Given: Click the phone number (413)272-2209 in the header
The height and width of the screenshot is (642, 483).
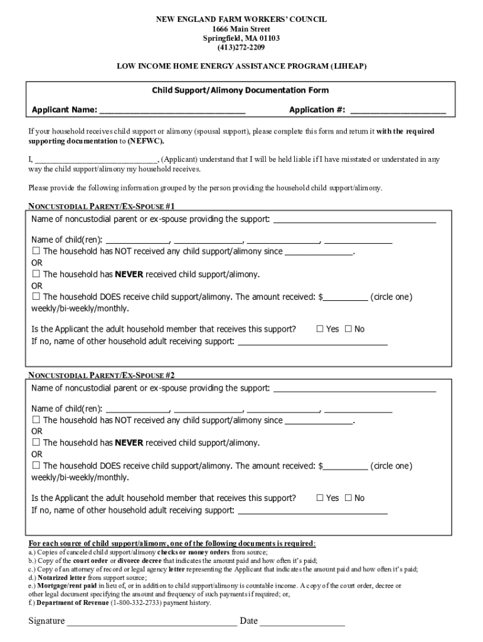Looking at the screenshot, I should [x=241, y=47].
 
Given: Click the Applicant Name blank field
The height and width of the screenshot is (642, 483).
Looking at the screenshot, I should [x=172, y=110].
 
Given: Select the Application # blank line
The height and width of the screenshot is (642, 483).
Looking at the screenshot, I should [x=398, y=110].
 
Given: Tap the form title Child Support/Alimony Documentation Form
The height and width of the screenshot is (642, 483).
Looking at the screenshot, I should [x=240, y=91].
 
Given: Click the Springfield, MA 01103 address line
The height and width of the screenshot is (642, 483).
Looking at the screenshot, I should [x=241, y=38].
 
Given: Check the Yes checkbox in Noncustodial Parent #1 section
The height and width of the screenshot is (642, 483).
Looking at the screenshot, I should [x=320, y=329].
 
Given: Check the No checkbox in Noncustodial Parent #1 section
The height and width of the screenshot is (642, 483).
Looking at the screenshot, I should [x=349, y=329].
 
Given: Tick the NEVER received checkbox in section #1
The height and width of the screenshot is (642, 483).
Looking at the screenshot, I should [x=36, y=274].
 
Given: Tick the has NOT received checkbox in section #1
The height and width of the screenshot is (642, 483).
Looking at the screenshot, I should [x=36, y=251].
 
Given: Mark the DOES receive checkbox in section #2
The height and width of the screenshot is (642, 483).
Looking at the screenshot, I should [x=36, y=466].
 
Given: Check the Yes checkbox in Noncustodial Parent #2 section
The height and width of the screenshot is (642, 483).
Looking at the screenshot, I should [x=320, y=498].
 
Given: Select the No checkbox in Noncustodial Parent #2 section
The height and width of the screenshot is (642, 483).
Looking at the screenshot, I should [x=349, y=498].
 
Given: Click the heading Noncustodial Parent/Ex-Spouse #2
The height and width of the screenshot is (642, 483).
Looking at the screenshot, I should [x=102, y=375].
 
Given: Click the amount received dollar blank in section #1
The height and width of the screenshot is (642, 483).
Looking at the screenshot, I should [x=345, y=297].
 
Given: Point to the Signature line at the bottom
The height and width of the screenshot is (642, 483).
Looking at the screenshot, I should [x=152, y=621].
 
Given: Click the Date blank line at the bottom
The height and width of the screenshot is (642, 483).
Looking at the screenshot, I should [x=302, y=621].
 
